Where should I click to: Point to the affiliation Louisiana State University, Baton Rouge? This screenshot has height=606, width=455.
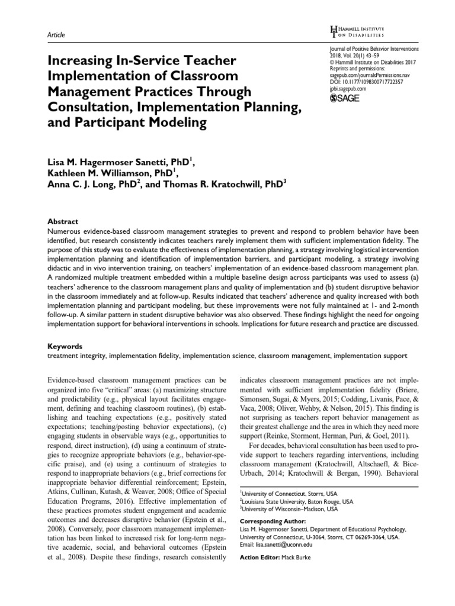tap(289, 501)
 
